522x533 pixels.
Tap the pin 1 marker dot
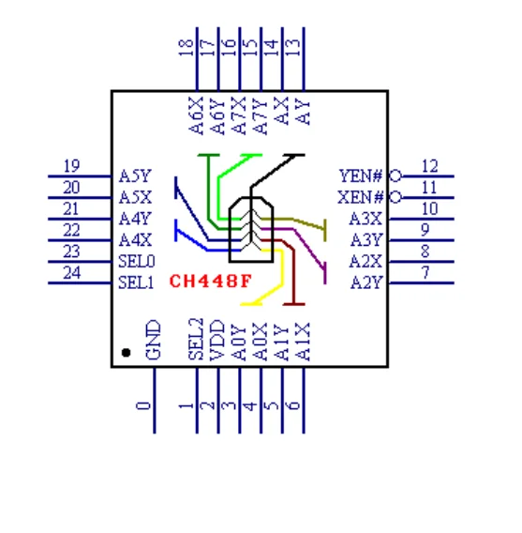point(126,353)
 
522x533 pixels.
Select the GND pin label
point(153,341)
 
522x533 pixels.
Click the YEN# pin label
point(361,175)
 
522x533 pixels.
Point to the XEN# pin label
point(361,197)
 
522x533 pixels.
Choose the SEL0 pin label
point(137,261)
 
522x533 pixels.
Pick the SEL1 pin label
point(137,282)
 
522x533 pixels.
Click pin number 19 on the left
point(71,166)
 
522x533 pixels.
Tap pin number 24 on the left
point(71,274)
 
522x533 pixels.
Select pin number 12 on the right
point(429,166)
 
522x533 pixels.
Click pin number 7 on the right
point(425,273)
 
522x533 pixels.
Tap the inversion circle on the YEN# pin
point(395,175)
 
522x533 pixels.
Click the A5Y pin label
point(136,175)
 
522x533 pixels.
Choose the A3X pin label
point(365,219)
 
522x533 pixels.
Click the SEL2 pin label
point(196,340)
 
